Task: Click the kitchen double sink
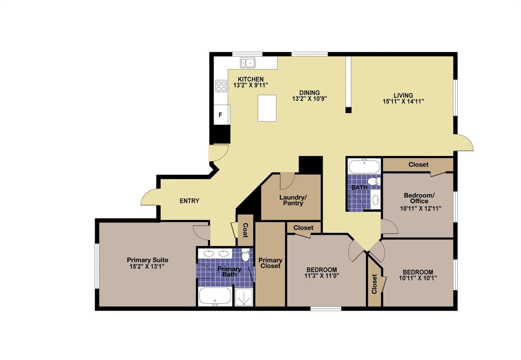247,63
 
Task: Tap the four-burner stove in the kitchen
221,86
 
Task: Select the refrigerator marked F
220,115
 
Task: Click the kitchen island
267,108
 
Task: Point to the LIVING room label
403,96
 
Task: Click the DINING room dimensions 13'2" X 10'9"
309,99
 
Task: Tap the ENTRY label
189,201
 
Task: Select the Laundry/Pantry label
293,200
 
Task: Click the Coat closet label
245,230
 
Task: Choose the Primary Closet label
270,263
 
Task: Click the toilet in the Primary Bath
245,255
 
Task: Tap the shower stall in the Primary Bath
244,297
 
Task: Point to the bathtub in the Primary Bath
215,296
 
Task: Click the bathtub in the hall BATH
364,167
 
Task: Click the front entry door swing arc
150,197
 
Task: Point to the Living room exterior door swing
465,143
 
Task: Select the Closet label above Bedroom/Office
418,165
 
